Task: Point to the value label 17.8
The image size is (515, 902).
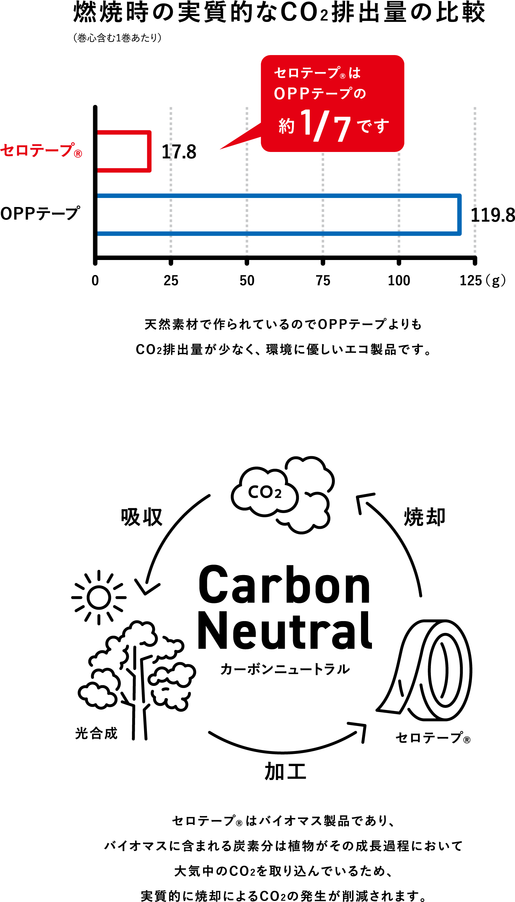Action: click(179, 152)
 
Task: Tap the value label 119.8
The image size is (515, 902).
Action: click(493, 215)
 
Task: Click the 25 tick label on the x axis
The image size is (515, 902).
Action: click(171, 281)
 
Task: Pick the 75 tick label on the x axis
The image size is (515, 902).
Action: click(323, 281)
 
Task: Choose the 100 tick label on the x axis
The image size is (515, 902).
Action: click(399, 281)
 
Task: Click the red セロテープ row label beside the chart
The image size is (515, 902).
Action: click(41, 151)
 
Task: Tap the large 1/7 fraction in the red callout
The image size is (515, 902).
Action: click(326, 125)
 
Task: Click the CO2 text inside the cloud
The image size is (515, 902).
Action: click(264, 492)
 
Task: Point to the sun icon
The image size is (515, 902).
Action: click(99, 597)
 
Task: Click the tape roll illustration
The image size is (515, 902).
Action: click(424, 670)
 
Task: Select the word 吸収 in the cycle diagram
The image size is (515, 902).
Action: click(141, 517)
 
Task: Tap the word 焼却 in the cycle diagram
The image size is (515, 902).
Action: click(424, 517)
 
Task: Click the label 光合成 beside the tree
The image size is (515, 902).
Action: click(96, 733)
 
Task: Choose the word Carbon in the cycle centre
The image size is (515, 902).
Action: click(284, 585)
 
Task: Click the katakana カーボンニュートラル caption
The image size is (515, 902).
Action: click(285, 669)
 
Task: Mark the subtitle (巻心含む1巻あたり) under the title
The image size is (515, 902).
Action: click(118, 38)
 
